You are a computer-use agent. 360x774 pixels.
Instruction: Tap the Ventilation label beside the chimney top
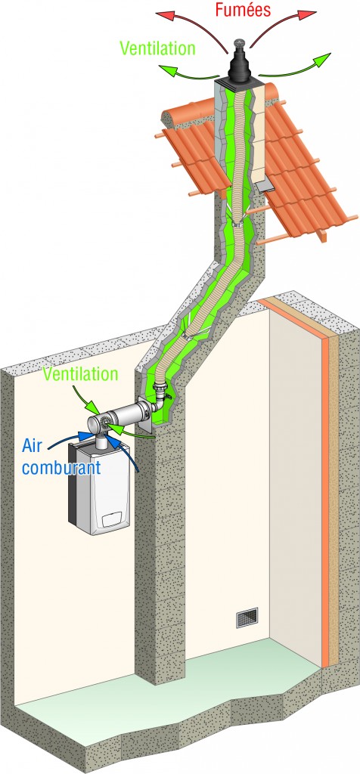157,48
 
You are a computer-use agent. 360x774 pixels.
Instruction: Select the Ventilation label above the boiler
80,373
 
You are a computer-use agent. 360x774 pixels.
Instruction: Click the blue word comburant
61,467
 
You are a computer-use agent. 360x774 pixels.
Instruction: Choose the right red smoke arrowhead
309,16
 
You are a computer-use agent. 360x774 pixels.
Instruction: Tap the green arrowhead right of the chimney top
322,60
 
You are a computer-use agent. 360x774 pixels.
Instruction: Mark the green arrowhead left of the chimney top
166,70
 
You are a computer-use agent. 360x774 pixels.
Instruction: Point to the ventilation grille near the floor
247,617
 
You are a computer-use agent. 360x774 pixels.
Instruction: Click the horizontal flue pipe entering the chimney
127,413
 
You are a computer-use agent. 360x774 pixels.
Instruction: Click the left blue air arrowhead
83,435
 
